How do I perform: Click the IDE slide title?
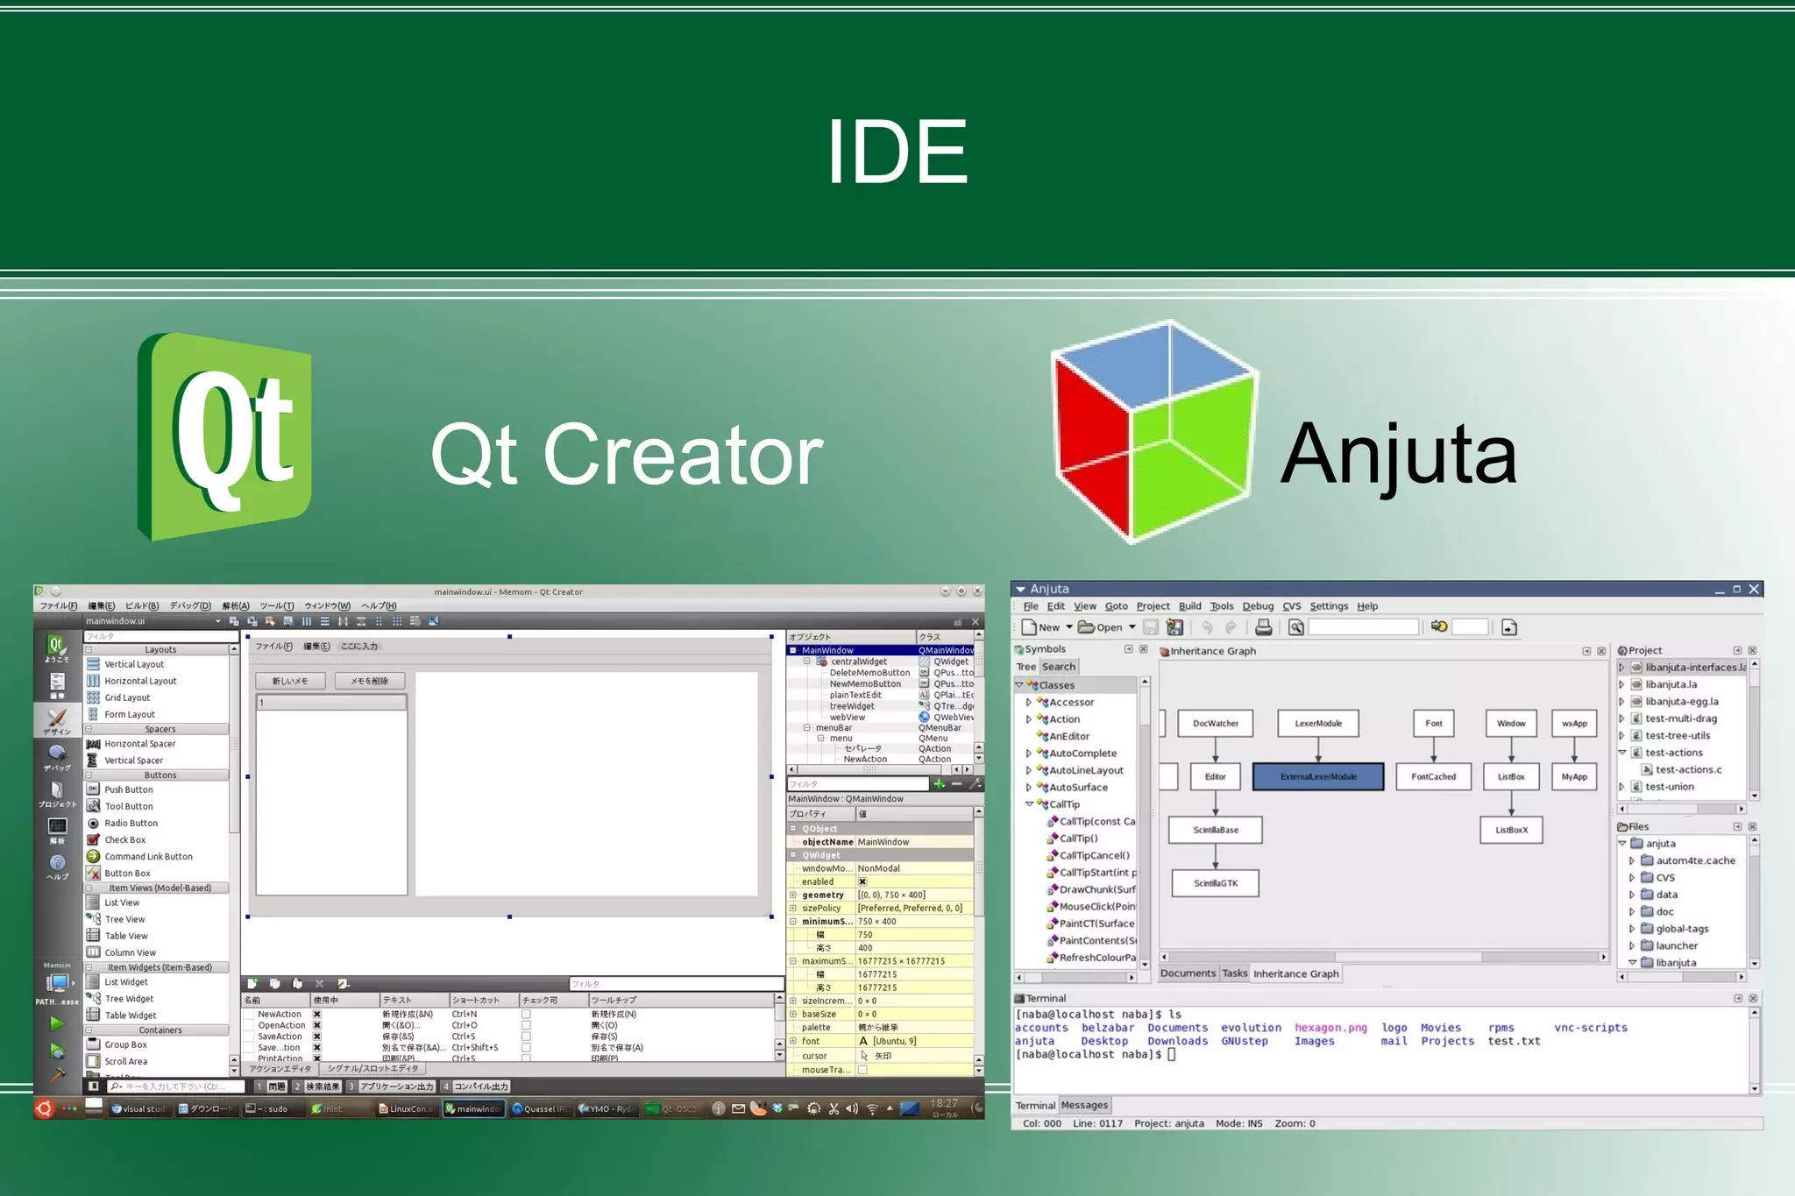pos(897,152)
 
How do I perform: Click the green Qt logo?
pos(225,436)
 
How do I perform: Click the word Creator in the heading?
pos(683,455)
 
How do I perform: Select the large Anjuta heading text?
pos(1398,455)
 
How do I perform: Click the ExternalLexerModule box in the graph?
pos(1317,776)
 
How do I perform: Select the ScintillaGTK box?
pos(1215,883)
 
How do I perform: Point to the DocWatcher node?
pos(1215,724)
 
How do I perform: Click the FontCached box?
pos(1433,776)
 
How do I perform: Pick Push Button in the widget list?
pos(128,789)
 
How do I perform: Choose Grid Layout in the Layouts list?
pos(127,697)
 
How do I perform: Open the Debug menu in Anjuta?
pos(1257,606)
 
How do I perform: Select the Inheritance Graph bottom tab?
pos(1295,973)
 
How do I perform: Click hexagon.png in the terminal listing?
pos(1330,1028)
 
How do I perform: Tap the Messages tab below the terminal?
pos(1084,1106)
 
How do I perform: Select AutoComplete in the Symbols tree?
pos(1082,754)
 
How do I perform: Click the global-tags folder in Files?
pos(1681,929)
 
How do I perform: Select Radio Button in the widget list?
pos(131,823)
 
